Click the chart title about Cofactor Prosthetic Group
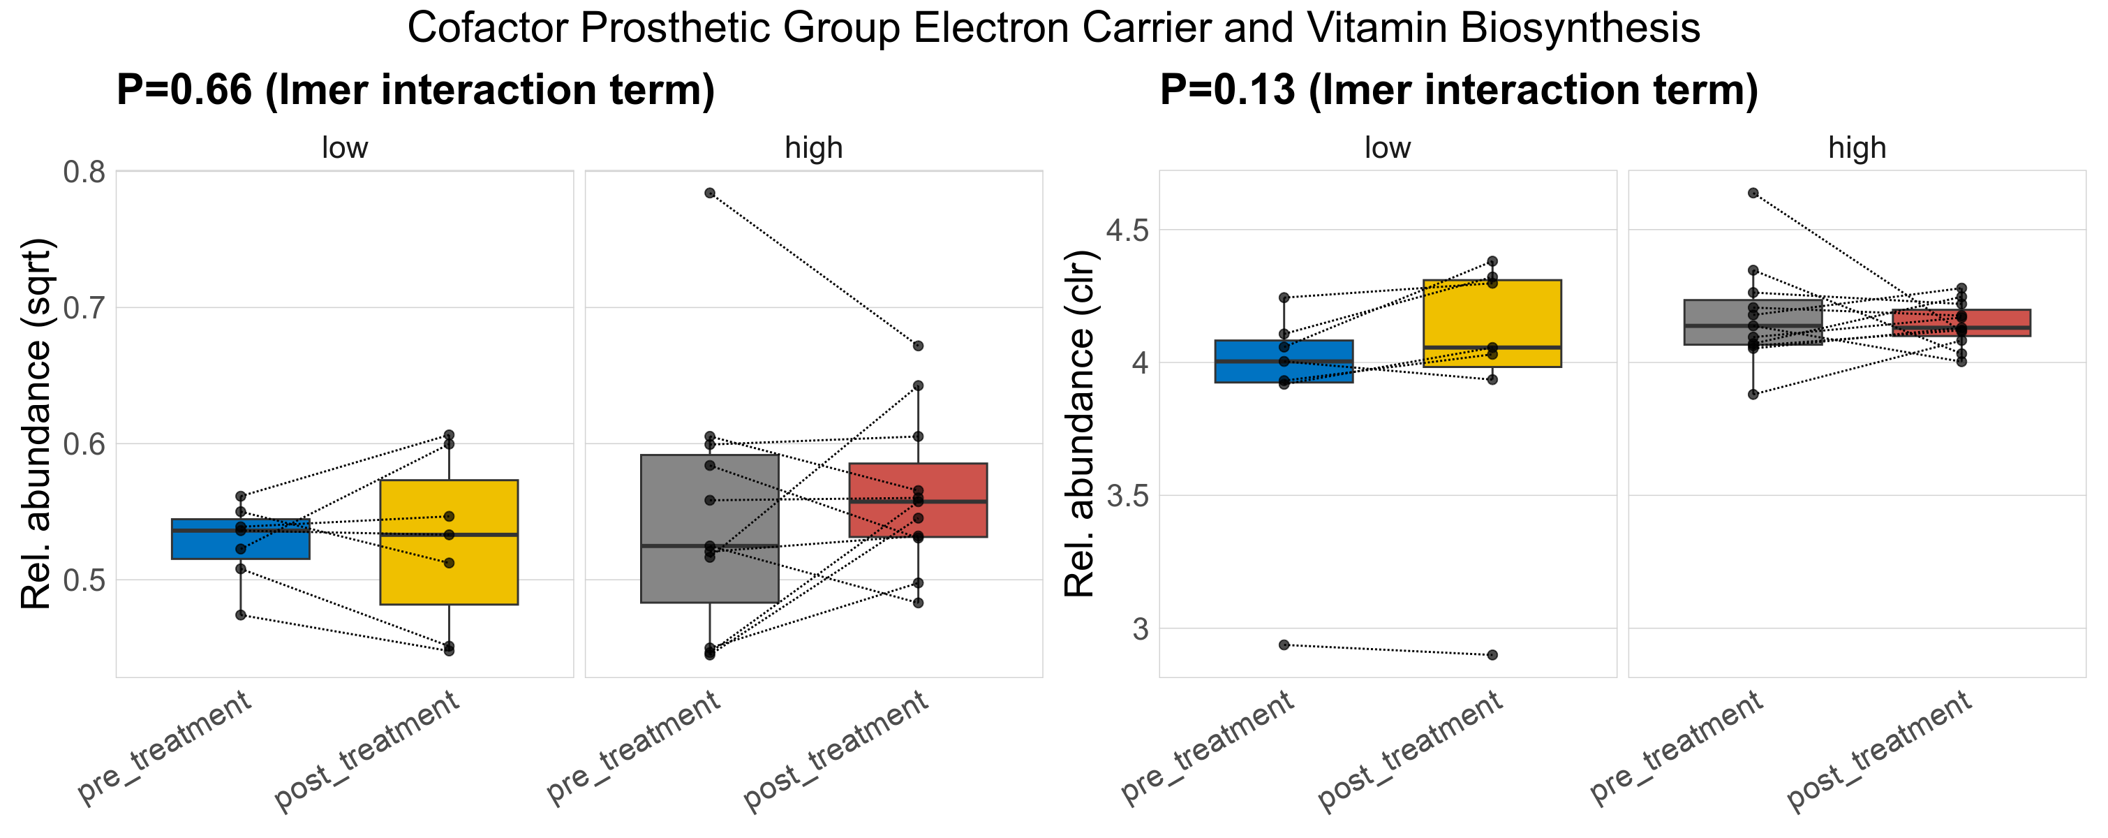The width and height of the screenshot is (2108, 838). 1053,28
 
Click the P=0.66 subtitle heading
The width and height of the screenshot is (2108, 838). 416,90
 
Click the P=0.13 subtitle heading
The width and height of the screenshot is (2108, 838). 1459,90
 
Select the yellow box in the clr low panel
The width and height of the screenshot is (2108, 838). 1492,311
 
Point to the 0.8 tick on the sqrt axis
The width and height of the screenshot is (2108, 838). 84,172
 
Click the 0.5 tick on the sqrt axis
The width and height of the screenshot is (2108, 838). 84,580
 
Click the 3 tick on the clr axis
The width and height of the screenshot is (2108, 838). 1140,628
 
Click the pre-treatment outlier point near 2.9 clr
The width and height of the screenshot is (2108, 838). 1284,645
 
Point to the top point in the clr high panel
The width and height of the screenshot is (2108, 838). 1753,193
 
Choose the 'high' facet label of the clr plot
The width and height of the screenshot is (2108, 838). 1857,148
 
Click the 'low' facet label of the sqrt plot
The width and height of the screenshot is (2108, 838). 345,148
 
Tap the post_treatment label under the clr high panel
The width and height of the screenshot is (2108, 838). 1880,751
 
